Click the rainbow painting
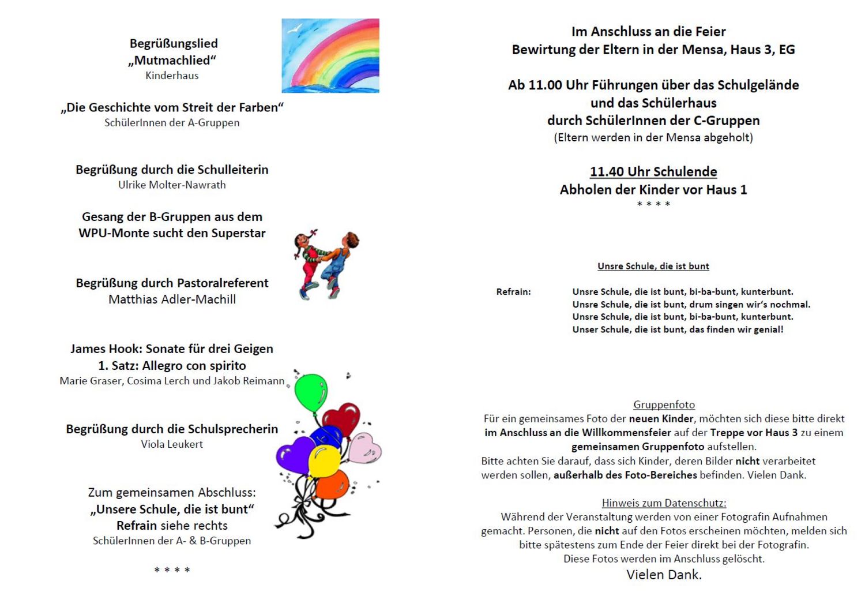pyautogui.click(x=330, y=55)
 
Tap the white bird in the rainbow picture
pyautogui.click(x=295, y=27)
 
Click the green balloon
pyautogui.click(x=311, y=392)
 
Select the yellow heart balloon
pyautogui.click(x=324, y=461)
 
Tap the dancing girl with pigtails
pyautogui.click(x=310, y=260)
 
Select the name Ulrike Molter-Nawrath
pyautogui.click(x=172, y=185)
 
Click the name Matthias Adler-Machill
pyautogui.click(x=172, y=299)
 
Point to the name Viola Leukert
pyautogui.click(x=172, y=444)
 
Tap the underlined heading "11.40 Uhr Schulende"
pyautogui.click(x=653, y=172)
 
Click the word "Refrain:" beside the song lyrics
pyautogui.click(x=513, y=292)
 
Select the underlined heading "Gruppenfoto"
pyautogui.click(x=664, y=405)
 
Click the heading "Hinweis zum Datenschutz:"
pyautogui.click(x=664, y=503)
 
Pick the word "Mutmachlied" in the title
pyautogui.click(x=172, y=61)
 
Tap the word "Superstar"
pyautogui.click(x=238, y=234)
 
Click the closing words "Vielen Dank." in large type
pyautogui.click(x=664, y=575)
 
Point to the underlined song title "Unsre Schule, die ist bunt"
pyautogui.click(x=653, y=267)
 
